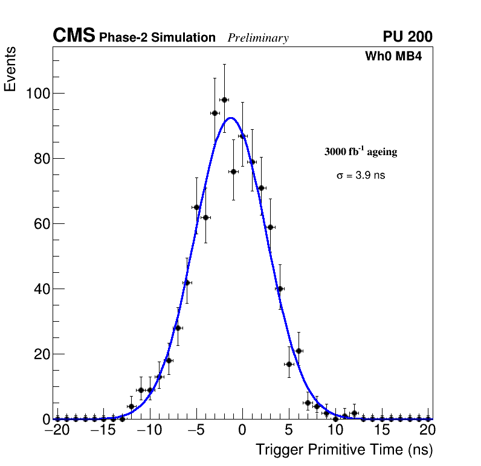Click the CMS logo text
tap(74, 36)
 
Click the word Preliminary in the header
tap(258, 38)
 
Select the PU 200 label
tap(407, 37)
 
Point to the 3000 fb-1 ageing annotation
tap(361, 152)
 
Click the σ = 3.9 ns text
tap(361, 176)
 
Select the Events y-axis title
tap(10, 69)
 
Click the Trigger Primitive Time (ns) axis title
tap(344, 450)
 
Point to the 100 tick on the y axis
tap(37, 94)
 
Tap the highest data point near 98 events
tap(224, 100)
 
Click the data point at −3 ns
tap(215, 113)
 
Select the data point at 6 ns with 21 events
tap(299, 351)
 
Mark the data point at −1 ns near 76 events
tap(233, 171)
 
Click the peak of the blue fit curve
tap(230, 118)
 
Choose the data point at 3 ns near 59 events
tap(271, 227)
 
